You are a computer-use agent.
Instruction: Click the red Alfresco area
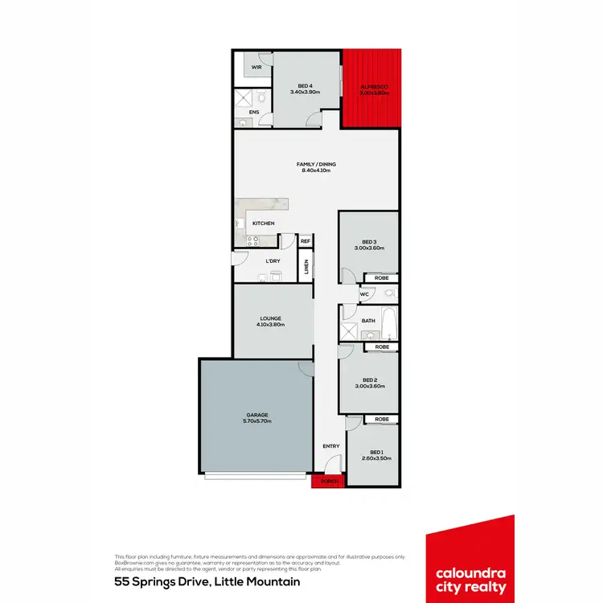[371, 88]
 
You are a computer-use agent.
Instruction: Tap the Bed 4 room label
[305, 85]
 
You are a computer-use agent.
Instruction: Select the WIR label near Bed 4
[256, 68]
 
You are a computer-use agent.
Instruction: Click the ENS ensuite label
[253, 112]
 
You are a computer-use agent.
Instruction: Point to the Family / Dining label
[317, 164]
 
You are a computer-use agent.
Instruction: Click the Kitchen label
[264, 223]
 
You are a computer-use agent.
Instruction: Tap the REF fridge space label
[306, 240]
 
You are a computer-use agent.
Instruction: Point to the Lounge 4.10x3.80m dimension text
[271, 325]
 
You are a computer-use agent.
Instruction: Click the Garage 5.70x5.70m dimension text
[257, 421]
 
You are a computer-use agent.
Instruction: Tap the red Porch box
[328, 482]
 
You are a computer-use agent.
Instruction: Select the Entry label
[331, 446]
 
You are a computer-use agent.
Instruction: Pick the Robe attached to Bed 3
[381, 277]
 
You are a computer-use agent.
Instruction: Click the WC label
[364, 295]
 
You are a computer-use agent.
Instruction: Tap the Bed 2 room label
[369, 380]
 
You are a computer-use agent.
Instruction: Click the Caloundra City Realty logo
[470, 559]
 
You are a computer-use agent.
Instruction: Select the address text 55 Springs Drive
[207, 581]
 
